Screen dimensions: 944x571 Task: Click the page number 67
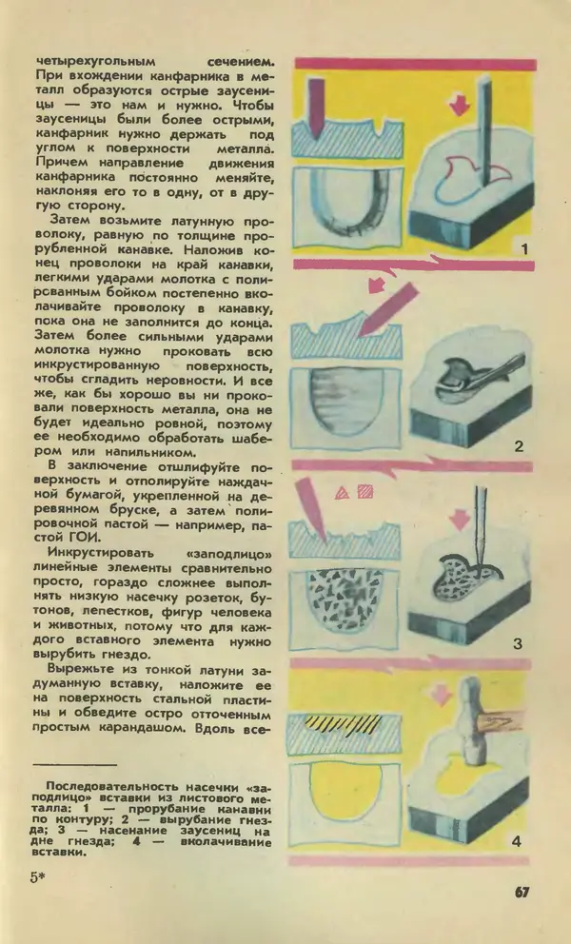point(522,892)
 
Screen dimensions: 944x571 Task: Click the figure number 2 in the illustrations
point(519,445)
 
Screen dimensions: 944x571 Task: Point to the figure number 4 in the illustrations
point(516,841)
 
